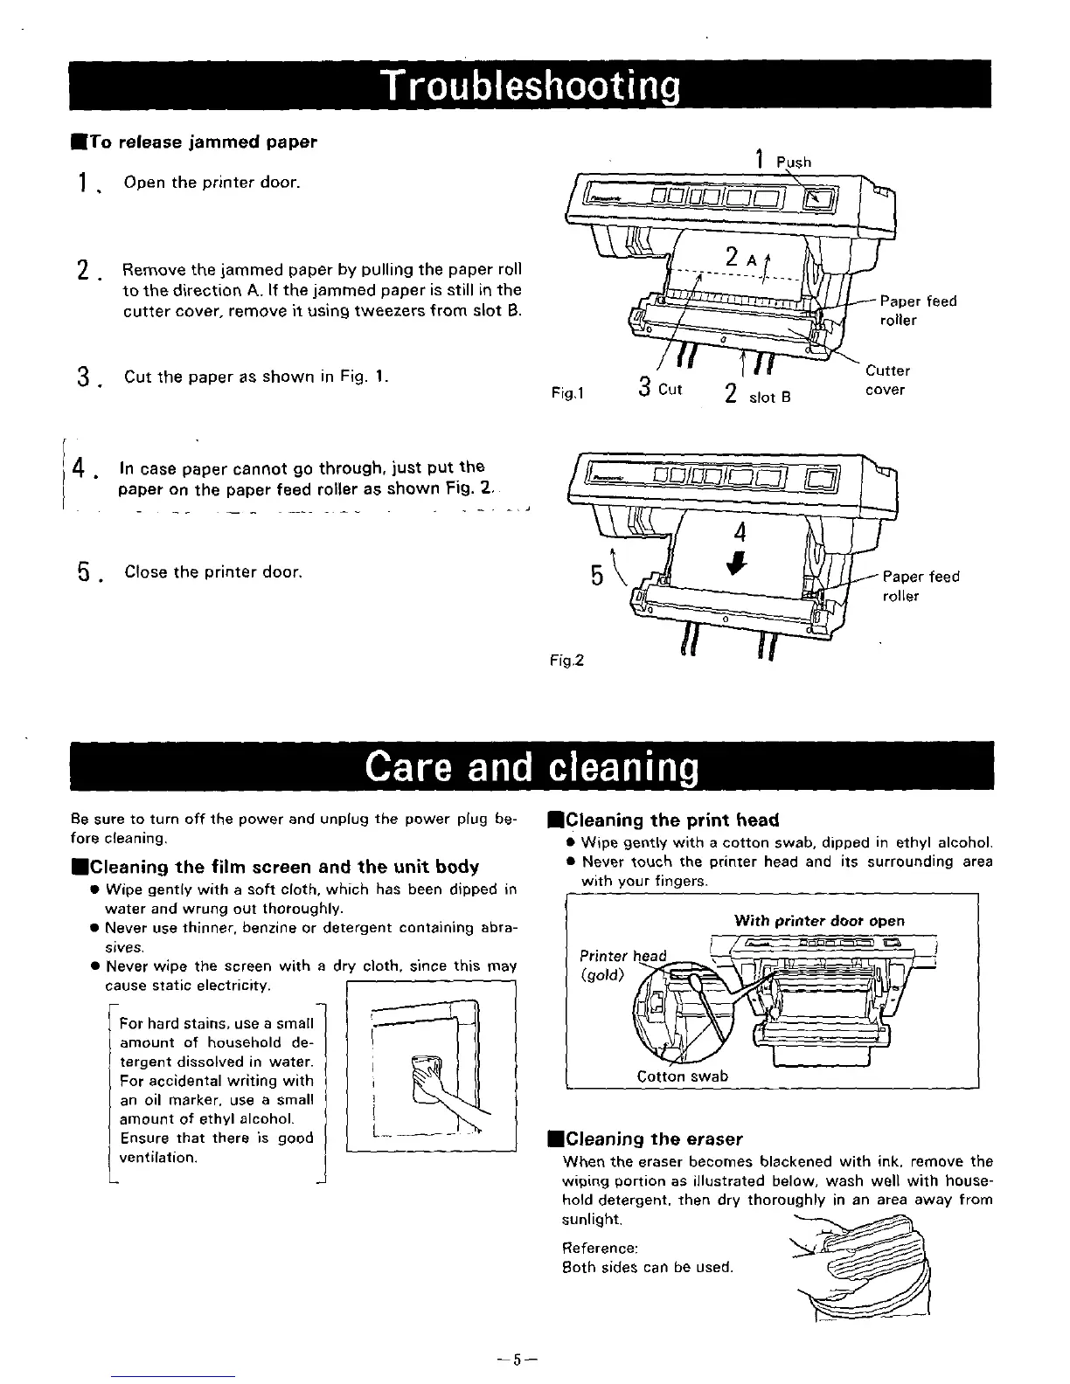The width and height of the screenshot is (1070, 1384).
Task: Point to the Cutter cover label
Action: (887, 380)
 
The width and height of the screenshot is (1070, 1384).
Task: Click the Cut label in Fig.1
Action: (670, 389)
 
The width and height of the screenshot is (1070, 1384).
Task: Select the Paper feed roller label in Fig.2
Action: (920, 586)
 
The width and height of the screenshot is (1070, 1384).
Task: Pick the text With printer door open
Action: (819, 920)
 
